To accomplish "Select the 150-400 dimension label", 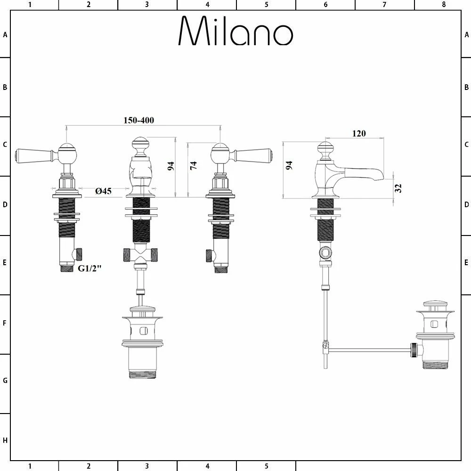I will tap(138, 120).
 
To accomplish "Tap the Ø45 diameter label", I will tap(103, 191).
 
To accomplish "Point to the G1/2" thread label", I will tap(90, 268).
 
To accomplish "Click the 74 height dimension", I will tap(193, 166).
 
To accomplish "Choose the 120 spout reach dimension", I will tap(358, 133).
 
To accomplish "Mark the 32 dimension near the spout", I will tap(398, 188).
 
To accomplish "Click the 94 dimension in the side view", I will tap(289, 165).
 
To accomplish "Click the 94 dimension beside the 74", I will tap(171, 166).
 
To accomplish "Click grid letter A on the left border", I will tap(5, 35).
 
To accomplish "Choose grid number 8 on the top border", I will tap(443, 5).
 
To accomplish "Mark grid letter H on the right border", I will tap(466, 440).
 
